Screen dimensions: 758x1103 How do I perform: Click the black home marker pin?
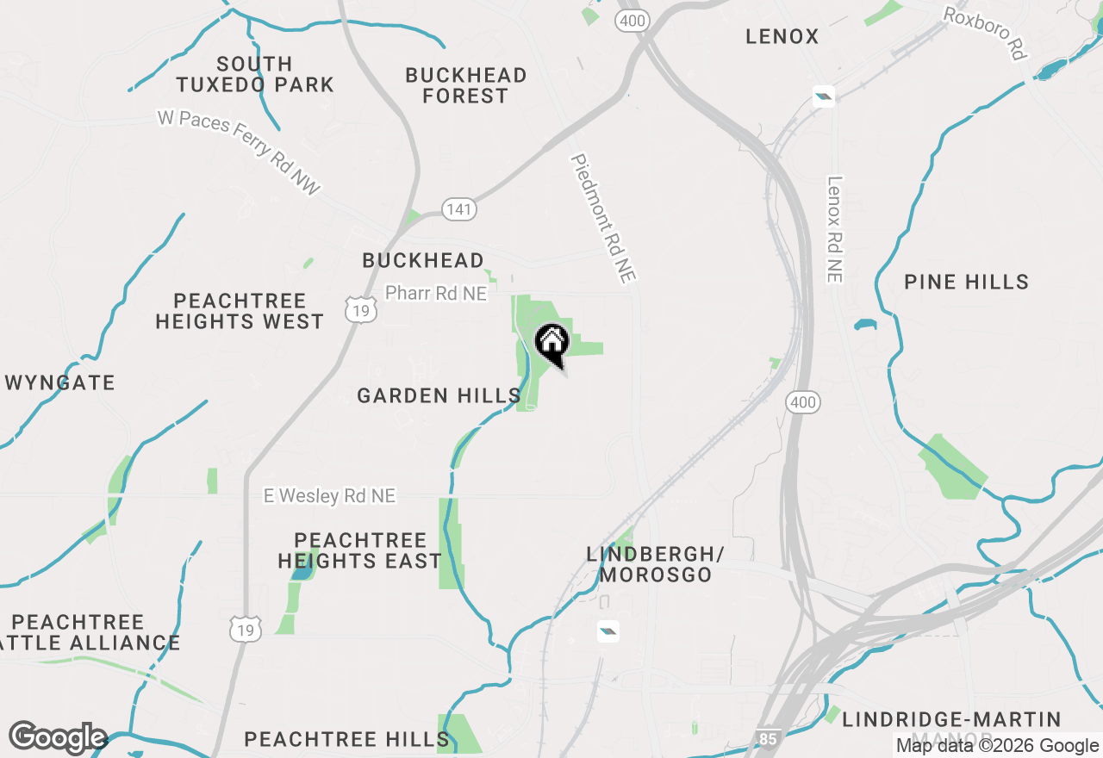[x=551, y=343]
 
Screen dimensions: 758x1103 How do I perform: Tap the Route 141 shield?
[x=458, y=208]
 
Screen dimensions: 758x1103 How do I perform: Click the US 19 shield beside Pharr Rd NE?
[x=360, y=310]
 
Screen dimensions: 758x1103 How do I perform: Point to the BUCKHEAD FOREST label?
[x=466, y=85]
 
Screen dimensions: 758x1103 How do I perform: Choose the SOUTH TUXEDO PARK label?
[x=255, y=74]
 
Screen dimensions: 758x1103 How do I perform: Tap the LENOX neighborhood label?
[x=782, y=36]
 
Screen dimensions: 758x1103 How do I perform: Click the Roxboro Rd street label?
[x=985, y=34]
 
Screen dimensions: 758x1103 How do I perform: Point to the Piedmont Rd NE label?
[x=603, y=218]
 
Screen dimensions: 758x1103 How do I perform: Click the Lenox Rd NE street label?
[x=834, y=229]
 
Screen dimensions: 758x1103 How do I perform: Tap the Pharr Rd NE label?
[x=436, y=294]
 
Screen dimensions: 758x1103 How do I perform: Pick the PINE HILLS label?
[x=966, y=282]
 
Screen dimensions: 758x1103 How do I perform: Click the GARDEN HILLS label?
[x=439, y=395]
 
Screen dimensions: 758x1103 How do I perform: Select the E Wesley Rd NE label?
[x=329, y=495]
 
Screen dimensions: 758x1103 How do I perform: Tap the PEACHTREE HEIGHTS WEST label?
[x=240, y=311]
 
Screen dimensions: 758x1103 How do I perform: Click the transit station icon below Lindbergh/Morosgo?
[x=608, y=631]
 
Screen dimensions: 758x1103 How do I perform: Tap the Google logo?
[x=58, y=737]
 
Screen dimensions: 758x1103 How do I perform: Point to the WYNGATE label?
[x=60, y=382]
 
